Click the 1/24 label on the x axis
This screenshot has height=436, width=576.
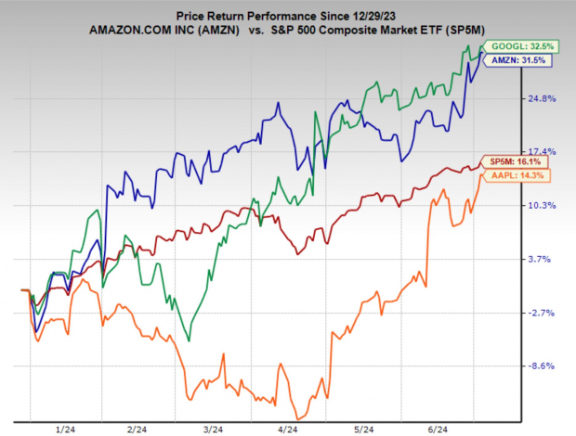coord(66,430)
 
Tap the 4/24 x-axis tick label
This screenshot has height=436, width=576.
coord(287,430)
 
